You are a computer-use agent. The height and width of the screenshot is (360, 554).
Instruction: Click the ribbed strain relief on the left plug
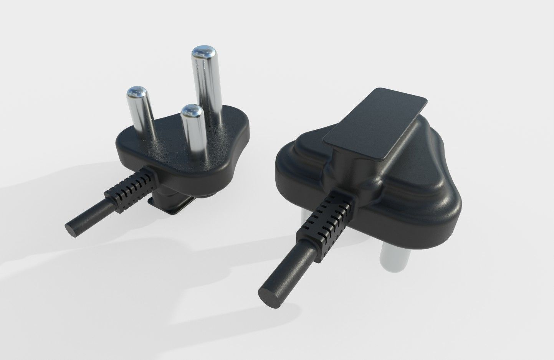(132, 192)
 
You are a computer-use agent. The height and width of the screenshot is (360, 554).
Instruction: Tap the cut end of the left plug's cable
(71, 230)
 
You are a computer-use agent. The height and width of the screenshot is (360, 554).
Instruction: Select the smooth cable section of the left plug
(88, 217)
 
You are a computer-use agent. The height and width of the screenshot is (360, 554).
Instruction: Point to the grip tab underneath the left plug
(173, 203)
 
